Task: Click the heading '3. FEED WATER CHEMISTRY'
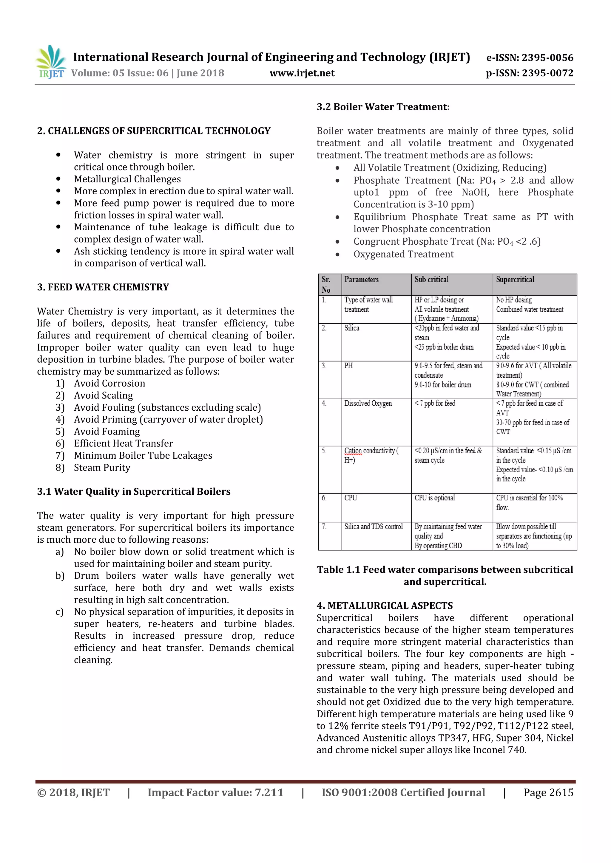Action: [103, 287]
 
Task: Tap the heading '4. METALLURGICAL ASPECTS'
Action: [385, 606]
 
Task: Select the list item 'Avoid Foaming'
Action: [107, 431]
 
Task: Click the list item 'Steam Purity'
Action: [102, 468]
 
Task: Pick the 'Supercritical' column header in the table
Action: [515, 280]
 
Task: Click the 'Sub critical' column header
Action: [431, 280]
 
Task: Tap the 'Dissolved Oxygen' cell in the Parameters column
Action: [368, 403]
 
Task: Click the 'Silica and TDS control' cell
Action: [373, 527]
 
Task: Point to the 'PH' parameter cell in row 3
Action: [348, 366]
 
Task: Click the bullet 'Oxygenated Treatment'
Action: [403, 254]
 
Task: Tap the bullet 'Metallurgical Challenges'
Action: [127, 179]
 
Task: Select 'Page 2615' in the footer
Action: [548, 792]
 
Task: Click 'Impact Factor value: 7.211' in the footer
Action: [215, 792]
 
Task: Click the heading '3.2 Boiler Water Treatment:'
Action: [383, 107]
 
